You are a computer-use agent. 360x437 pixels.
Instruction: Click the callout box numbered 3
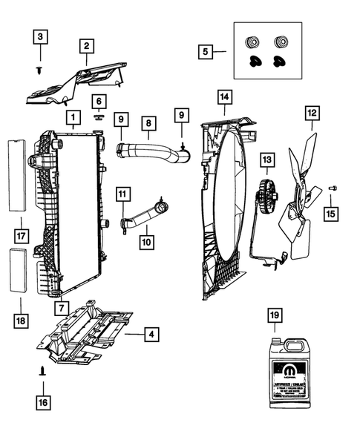(x=42, y=35)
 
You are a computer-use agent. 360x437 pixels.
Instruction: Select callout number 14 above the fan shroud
(x=223, y=96)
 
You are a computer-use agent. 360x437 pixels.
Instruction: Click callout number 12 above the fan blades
(x=312, y=114)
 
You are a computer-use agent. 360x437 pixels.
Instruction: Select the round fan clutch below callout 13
(x=266, y=197)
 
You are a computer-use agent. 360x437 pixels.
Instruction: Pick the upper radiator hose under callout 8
(x=148, y=153)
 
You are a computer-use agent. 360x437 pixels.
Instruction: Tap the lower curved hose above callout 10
(x=145, y=215)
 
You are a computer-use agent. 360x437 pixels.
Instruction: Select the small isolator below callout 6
(x=98, y=116)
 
